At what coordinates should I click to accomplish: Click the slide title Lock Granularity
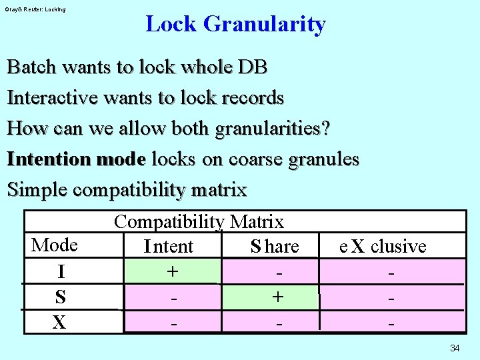235,24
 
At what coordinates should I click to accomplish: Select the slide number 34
455,348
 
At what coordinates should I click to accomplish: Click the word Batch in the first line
31,67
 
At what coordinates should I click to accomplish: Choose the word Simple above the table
37,189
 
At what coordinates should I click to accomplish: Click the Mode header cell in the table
55,245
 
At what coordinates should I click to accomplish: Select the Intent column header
169,246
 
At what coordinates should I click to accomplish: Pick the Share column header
275,246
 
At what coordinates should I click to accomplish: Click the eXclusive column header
383,246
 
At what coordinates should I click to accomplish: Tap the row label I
61,271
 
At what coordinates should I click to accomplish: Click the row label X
59,323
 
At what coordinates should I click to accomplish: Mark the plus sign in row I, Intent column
173,271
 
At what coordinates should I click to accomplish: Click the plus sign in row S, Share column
277,297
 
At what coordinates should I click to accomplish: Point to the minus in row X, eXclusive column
391,323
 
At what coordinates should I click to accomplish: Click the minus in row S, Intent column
174,298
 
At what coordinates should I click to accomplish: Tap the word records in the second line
253,98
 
